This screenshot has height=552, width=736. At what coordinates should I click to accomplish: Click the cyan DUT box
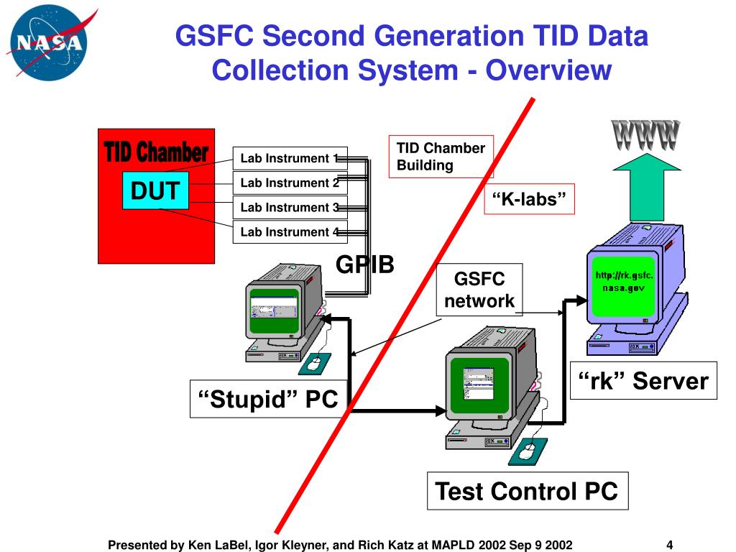pyautogui.click(x=155, y=190)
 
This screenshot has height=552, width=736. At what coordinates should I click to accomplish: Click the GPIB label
pyautogui.click(x=365, y=264)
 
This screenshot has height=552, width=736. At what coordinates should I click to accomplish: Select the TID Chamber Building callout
pyautogui.click(x=441, y=156)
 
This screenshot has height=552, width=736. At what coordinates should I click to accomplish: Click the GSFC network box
pyautogui.click(x=479, y=290)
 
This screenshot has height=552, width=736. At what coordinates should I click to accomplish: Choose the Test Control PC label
pyautogui.click(x=527, y=491)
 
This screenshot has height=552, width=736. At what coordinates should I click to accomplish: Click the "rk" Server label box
pyautogui.click(x=644, y=381)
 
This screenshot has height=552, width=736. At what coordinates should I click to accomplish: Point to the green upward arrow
pyautogui.click(x=646, y=188)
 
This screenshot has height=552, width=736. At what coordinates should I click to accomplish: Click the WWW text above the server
pyautogui.click(x=645, y=135)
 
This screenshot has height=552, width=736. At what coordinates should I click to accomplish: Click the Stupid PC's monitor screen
pyautogui.click(x=273, y=310)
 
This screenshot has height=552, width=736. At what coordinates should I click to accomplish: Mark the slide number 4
pyautogui.click(x=669, y=544)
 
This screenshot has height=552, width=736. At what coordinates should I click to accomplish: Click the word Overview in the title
pyautogui.click(x=548, y=70)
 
